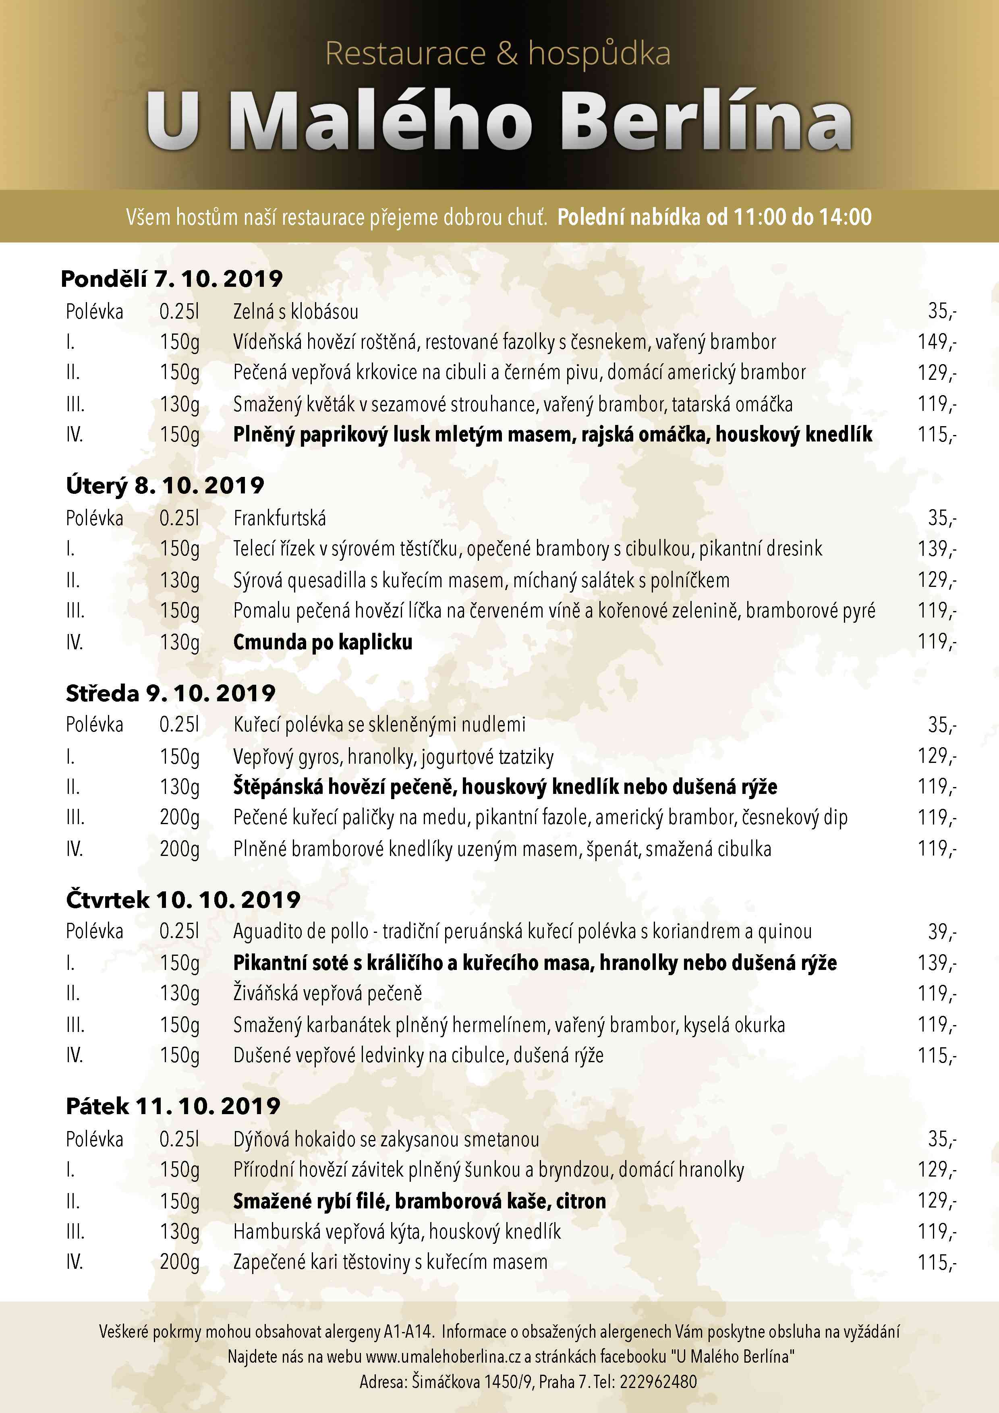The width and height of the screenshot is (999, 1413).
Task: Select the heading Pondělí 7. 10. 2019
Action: click(172, 279)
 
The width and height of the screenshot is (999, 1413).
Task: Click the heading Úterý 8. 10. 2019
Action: click(165, 485)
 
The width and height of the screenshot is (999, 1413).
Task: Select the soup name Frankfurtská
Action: click(280, 518)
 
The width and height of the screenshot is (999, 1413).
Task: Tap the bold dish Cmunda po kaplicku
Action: click(323, 642)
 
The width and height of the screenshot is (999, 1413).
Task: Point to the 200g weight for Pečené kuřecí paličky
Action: click(180, 817)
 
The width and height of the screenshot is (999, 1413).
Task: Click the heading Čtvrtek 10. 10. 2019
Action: click(183, 900)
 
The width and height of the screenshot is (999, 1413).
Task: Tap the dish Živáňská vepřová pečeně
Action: click(327, 993)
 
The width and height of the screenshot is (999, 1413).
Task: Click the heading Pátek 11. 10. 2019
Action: click(173, 1106)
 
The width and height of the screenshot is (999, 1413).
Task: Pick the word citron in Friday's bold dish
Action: click(581, 1201)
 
